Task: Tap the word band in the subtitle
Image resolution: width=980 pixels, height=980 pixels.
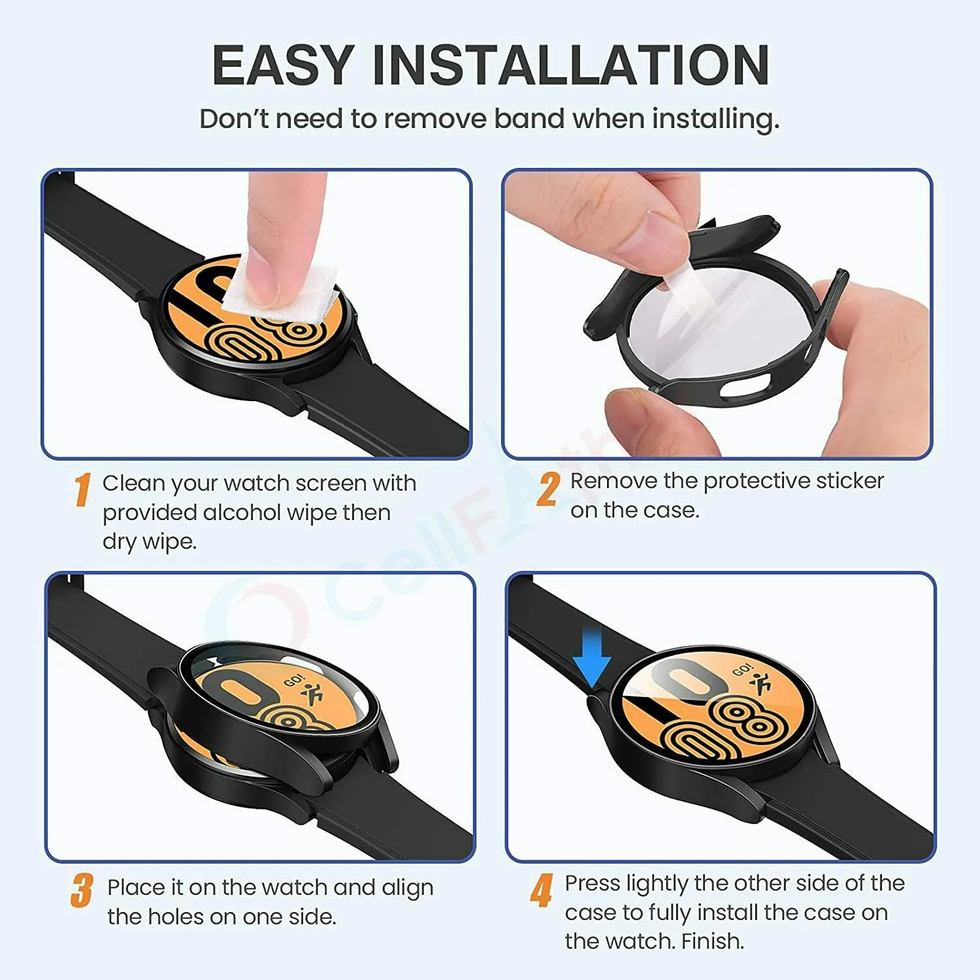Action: click(x=530, y=119)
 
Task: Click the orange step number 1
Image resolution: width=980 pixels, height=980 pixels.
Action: click(x=82, y=490)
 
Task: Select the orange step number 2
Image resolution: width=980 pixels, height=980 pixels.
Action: click(x=547, y=489)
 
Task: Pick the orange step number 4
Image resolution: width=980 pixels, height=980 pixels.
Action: click(x=542, y=890)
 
